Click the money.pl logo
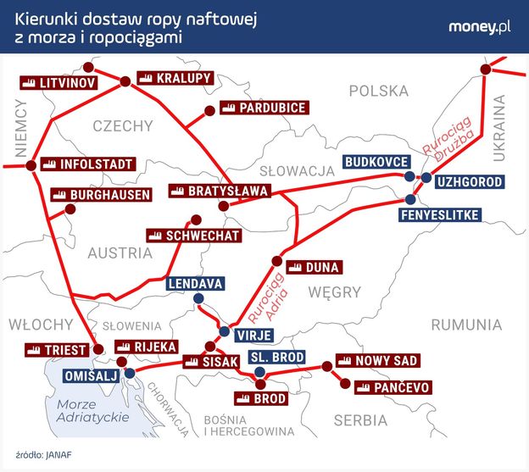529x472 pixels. point(479,27)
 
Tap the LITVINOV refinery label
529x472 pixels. point(57,83)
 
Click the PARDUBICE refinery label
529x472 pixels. point(262,108)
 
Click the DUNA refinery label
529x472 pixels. point(313,267)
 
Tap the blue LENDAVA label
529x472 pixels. point(195,283)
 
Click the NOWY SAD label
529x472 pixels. point(376,361)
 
